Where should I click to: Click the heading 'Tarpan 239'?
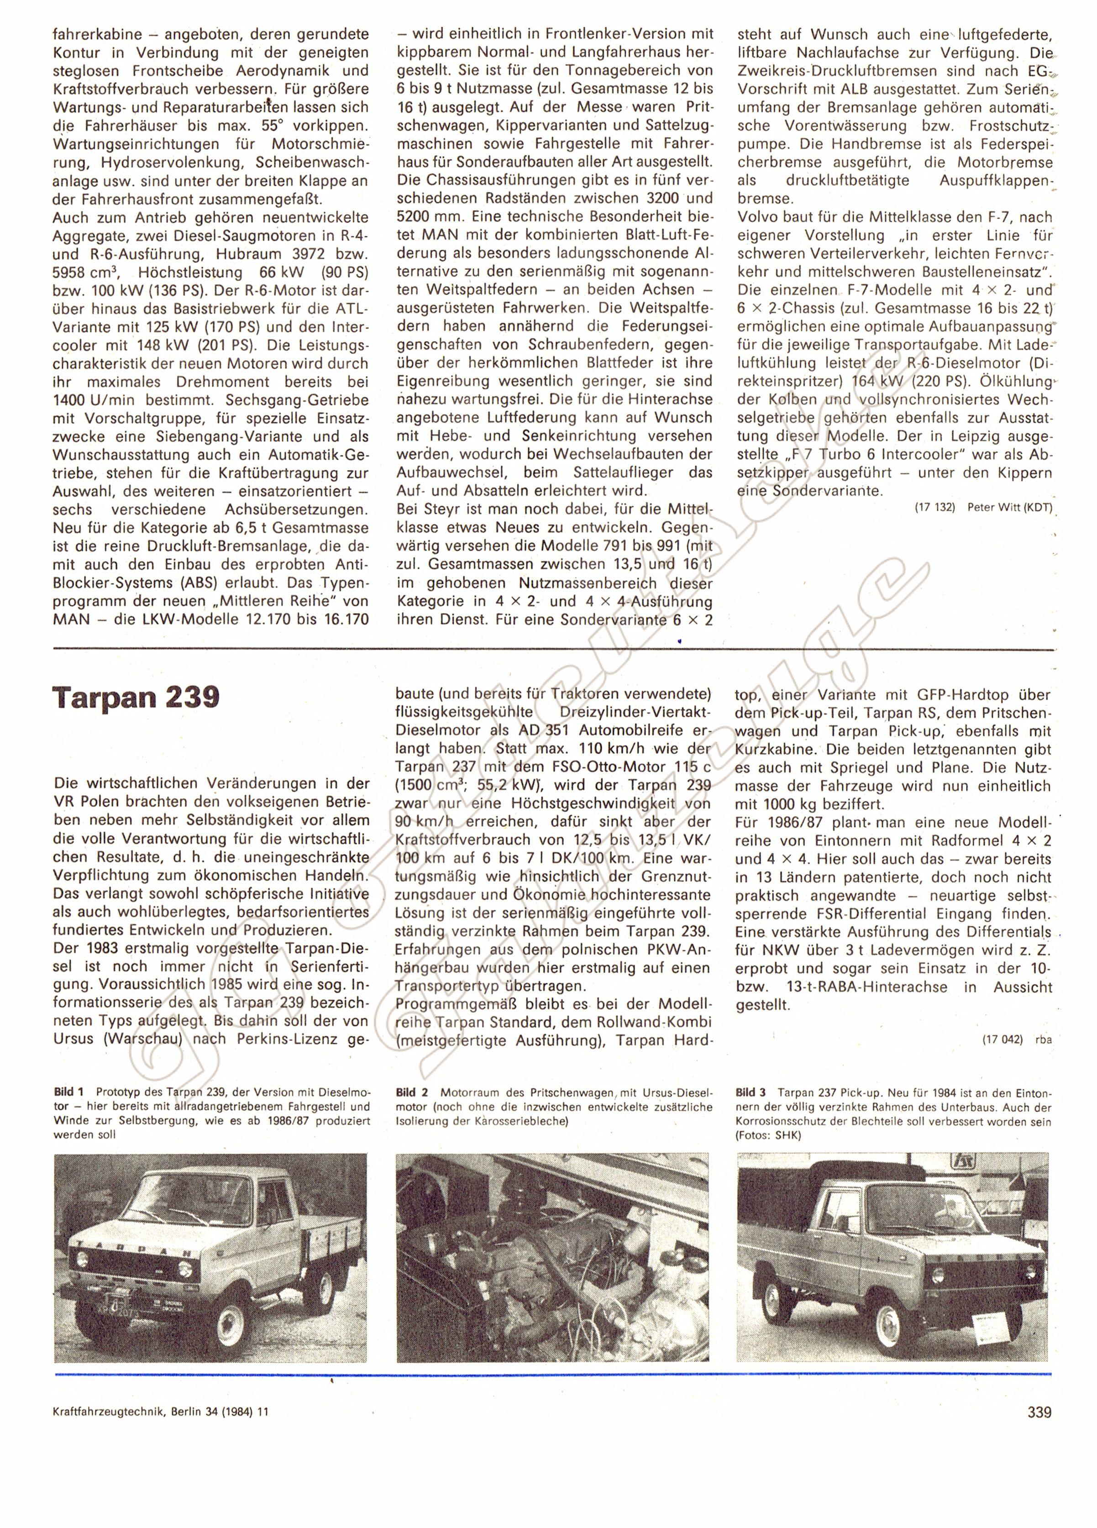136,697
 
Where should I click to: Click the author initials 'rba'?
1043,1040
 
